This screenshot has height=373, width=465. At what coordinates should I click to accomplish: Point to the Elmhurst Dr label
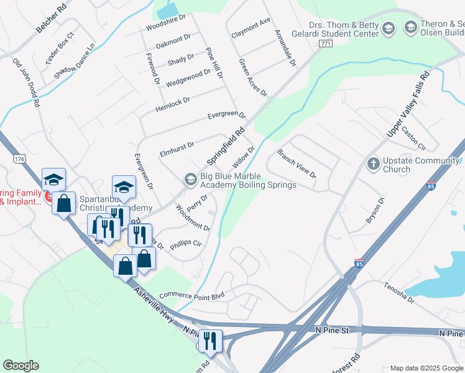click(x=177, y=148)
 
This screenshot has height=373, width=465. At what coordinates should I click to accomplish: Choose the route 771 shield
click(x=325, y=43)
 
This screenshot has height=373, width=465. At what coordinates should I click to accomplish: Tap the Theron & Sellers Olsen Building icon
click(x=410, y=27)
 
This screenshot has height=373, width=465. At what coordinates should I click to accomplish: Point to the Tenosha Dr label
click(x=398, y=292)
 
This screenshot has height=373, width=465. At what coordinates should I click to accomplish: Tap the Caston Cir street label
click(x=413, y=138)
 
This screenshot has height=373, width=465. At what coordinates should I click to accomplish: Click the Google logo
click(x=21, y=366)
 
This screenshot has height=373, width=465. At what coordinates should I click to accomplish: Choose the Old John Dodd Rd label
click(x=27, y=84)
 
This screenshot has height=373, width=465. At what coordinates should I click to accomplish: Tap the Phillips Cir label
click(x=186, y=244)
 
